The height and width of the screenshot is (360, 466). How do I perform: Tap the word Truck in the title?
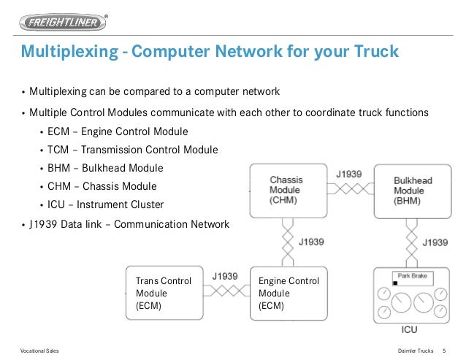[x=373, y=53]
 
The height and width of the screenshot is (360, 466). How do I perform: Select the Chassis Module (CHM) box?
[x=287, y=191]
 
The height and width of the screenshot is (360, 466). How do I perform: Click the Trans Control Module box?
[x=164, y=293]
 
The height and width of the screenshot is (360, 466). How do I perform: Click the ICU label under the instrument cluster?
[x=410, y=329]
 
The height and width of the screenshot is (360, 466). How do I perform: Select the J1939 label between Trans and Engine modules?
[x=225, y=277]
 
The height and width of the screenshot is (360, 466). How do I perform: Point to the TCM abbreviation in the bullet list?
[x=58, y=150]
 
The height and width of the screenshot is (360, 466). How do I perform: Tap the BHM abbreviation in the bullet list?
[x=58, y=168]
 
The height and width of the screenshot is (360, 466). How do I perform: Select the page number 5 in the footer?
[x=445, y=351]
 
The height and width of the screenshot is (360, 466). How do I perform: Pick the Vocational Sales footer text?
[x=39, y=351]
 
